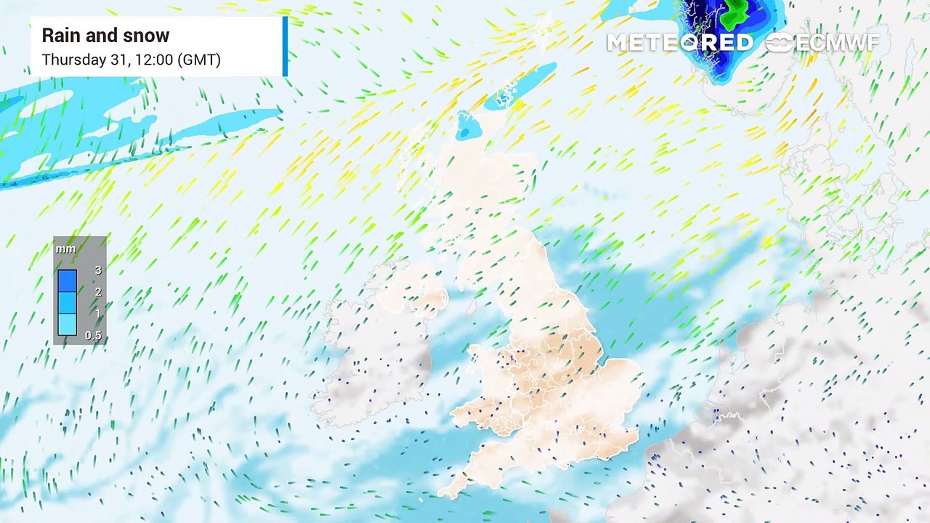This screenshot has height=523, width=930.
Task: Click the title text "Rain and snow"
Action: [x=105, y=36]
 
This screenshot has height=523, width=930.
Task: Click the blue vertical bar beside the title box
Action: [x=285, y=46]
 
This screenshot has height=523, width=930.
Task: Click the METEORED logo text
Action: [x=679, y=43]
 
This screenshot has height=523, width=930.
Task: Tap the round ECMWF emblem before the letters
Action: [x=779, y=43]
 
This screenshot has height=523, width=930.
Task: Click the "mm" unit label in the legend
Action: [x=65, y=249]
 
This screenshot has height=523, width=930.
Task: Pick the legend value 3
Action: [x=98, y=270]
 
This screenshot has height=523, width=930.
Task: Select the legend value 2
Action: [x=98, y=292]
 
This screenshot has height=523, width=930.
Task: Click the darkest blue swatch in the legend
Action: [x=67, y=280]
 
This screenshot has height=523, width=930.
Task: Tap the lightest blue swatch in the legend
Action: [x=67, y=324]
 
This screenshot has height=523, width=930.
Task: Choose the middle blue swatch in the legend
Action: [x=67, y=302]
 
